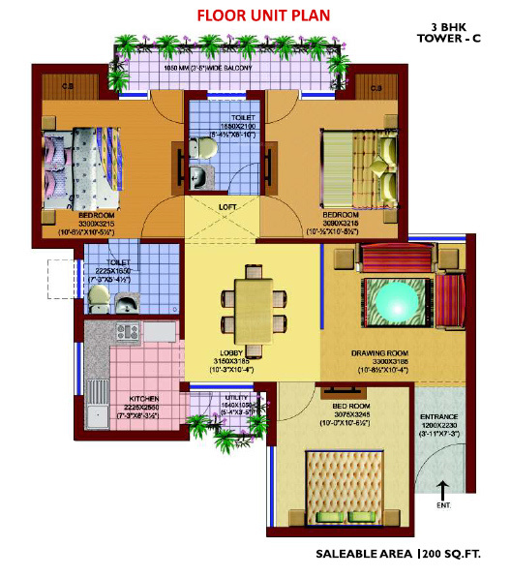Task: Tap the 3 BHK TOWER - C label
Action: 446,36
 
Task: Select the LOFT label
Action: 228,207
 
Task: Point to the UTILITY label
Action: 236,398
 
